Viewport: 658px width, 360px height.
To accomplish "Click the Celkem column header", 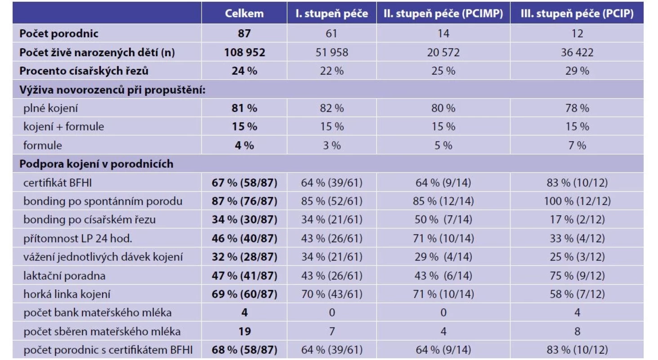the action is click(x=244, y=13).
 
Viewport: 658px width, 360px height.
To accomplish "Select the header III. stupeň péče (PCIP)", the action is click(x=577, y=13).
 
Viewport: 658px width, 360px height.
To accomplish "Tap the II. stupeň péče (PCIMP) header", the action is click(x=443, y=13).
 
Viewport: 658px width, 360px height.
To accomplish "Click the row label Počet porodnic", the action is click(x=59, y=33).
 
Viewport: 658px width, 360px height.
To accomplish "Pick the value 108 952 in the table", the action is click(x=244, y=52).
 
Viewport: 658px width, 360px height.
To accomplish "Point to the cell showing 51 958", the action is click(x=331, y=52).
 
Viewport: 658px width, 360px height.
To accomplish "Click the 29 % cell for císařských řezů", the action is click(x=577, y=71).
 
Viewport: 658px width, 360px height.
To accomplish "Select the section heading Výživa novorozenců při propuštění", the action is click(x=112, y=90).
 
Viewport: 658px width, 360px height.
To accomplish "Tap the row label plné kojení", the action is click(x=50, y=108).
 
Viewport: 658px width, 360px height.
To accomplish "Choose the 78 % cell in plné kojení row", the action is click(x=577, y=108).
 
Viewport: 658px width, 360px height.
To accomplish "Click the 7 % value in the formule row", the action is click(x=577, y=145).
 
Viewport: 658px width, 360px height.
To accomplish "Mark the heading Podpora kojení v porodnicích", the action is click(x=96, y=164).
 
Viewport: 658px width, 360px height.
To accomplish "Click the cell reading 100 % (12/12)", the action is click(x=577, y=201).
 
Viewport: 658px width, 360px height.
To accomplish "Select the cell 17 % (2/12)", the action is click(x=577, y=220).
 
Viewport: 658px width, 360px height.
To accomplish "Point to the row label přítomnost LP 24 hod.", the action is click(x=78, y=238).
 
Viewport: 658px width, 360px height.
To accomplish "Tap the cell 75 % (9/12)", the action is click(x=577, y=275).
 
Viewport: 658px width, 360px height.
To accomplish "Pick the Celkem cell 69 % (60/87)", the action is click(x=244, y=294).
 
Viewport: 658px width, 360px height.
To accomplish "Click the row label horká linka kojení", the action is click(x=67, y=294).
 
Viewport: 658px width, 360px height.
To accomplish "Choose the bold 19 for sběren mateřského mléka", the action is click(x=244, y=331).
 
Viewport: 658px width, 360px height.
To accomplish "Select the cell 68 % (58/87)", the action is click(x=244, y=350).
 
